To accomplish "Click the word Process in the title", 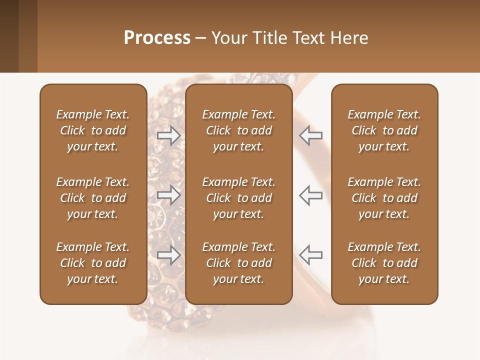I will click(157, 38).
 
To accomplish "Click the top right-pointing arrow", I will click(168, 135).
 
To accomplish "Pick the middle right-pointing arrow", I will click(168, 195).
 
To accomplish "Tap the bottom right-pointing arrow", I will click(168, 254).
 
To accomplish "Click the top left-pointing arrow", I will click(311, 135).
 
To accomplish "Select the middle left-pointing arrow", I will click(311, 195).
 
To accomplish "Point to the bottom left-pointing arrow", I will click(311, 254).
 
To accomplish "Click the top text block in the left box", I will click(93, 130).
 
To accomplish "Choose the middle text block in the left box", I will click(93, 198).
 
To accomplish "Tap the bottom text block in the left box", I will click(93, 263).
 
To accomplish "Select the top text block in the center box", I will click(238, 130).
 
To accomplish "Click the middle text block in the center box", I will click(238, 198).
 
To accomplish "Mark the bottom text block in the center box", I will click(238, 263).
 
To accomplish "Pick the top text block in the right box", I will click(384, 130).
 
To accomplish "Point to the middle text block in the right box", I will click(384, 198).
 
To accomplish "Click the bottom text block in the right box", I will click(384, 263).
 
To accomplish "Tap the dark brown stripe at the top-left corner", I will click(9, 36).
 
